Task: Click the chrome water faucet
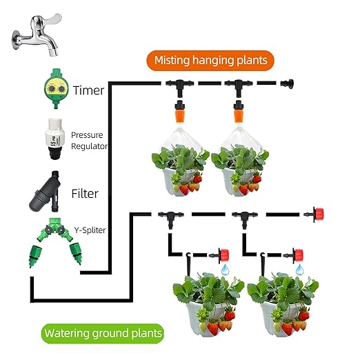click(37, 34)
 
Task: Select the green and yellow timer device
click(56, 88)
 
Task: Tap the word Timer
click(88, 90)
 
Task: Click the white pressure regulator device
click(54, 139)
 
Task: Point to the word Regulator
click(89, 146)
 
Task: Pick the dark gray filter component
click(46, 191)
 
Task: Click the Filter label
click(85, 194)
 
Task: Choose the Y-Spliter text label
click(90, 230)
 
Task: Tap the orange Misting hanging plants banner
click(210, 61)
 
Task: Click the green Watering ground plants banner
click(103, 333)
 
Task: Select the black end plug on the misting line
click(287, 83)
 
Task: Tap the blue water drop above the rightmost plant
click(299, 270)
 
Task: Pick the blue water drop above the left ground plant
click(226, 270)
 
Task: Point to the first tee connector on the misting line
click(180, 86)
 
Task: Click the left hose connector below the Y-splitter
click(35, 256)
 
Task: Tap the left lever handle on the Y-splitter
click(48, 229)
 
